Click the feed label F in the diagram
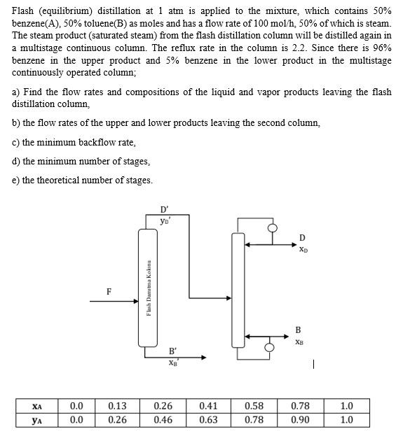point(108,291)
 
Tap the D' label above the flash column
point(164,209)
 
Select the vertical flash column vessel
point(148,287)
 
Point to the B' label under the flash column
point(172,350)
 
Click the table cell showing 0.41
point(208,406)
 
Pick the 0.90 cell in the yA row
point(299,420)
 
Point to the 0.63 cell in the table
point(208,420)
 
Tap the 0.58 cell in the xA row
point(254,406)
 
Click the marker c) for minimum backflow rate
point(16,142)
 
